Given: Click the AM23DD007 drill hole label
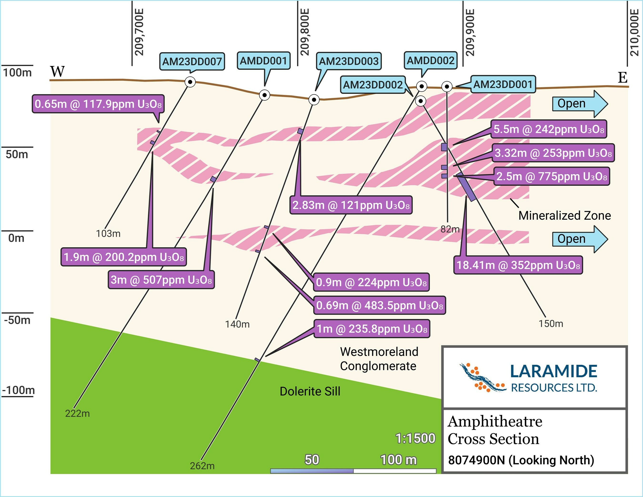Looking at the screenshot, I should tap(192, 61).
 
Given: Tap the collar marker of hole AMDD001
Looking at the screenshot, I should tap(264, 95).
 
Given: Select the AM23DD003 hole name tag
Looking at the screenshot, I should tap(349, 61).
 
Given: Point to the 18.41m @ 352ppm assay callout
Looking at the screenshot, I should tap(518, 265).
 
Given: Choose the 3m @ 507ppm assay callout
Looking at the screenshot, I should tap(161, 279).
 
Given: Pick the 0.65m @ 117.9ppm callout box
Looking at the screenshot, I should tap(98, 104).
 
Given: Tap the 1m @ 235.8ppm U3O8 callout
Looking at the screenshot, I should tap(372, 329).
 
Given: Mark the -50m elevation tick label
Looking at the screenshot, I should tap(17, 320).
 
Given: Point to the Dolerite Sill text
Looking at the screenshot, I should tap(310, 391).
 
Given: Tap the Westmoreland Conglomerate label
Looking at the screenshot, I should tap(379, 359).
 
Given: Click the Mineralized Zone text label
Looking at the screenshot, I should tap(564, 216).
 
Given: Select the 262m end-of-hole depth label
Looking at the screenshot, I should tap(202, 466).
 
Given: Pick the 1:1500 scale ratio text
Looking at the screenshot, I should tap(415, 438).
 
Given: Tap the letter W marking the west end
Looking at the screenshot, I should tap(57, 71).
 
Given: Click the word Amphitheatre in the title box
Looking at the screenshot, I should tap(495, 421).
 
